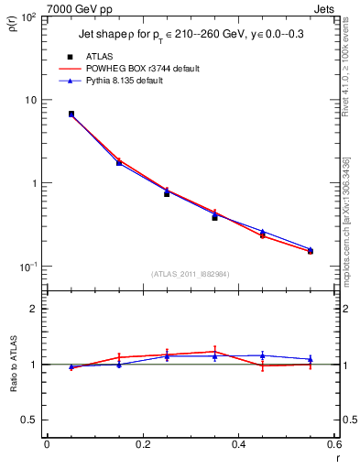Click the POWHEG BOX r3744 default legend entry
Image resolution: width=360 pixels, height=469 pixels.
tap(141, 69)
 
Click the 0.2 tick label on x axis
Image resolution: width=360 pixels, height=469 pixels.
tap(142, 445)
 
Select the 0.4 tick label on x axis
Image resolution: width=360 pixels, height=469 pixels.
tap(238, 445)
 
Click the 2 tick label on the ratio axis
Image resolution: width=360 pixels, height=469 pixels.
tap(33, 309)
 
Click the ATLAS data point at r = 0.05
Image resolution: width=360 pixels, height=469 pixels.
tap(71, 115)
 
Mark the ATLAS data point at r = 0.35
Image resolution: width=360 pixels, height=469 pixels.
tap(214, 217)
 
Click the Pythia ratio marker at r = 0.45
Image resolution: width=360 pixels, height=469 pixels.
tap(262, 355)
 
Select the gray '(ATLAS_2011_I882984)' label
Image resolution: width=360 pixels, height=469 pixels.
tap(191, 274)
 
